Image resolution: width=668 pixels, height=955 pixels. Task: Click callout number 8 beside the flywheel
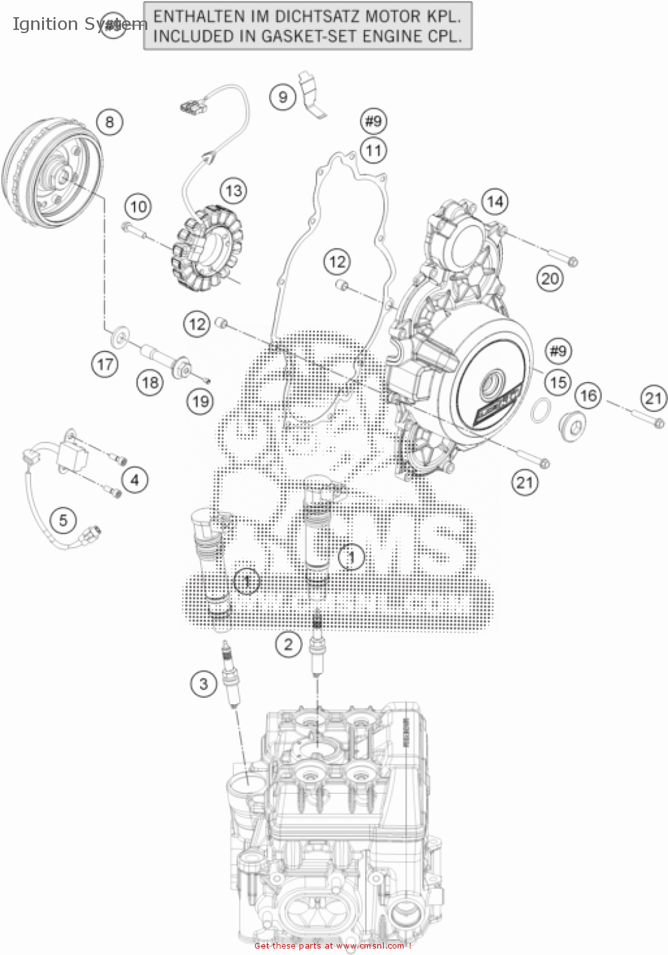pyautogui.click(x=110, y=122)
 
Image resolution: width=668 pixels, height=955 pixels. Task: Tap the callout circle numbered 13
pyautogui.click(x=233, y=190)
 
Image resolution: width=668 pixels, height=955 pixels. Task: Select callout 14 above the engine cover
pyautogui.click(x=495, y=202)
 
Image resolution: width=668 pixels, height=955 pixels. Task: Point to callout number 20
pyautogui.click(x=549, y=278)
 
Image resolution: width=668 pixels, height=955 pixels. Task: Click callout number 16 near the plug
pyautogui.click(x=588, y=395)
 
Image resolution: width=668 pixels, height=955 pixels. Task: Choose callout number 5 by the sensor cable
pyautogui.click(x=63, y=520)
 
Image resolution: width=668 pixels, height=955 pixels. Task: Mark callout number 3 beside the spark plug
pyautogui.click(x=203, y=684)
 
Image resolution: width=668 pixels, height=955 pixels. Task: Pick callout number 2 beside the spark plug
pyautogui.click(x=288, y=644)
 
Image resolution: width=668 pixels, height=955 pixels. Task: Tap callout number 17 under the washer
pyautogui.click(x=105, y=364)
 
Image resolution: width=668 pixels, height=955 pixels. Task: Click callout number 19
pyautogui.click(x=201, y=401)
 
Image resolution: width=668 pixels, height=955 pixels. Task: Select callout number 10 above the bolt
pyautogui.click(x=138, y=206)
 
